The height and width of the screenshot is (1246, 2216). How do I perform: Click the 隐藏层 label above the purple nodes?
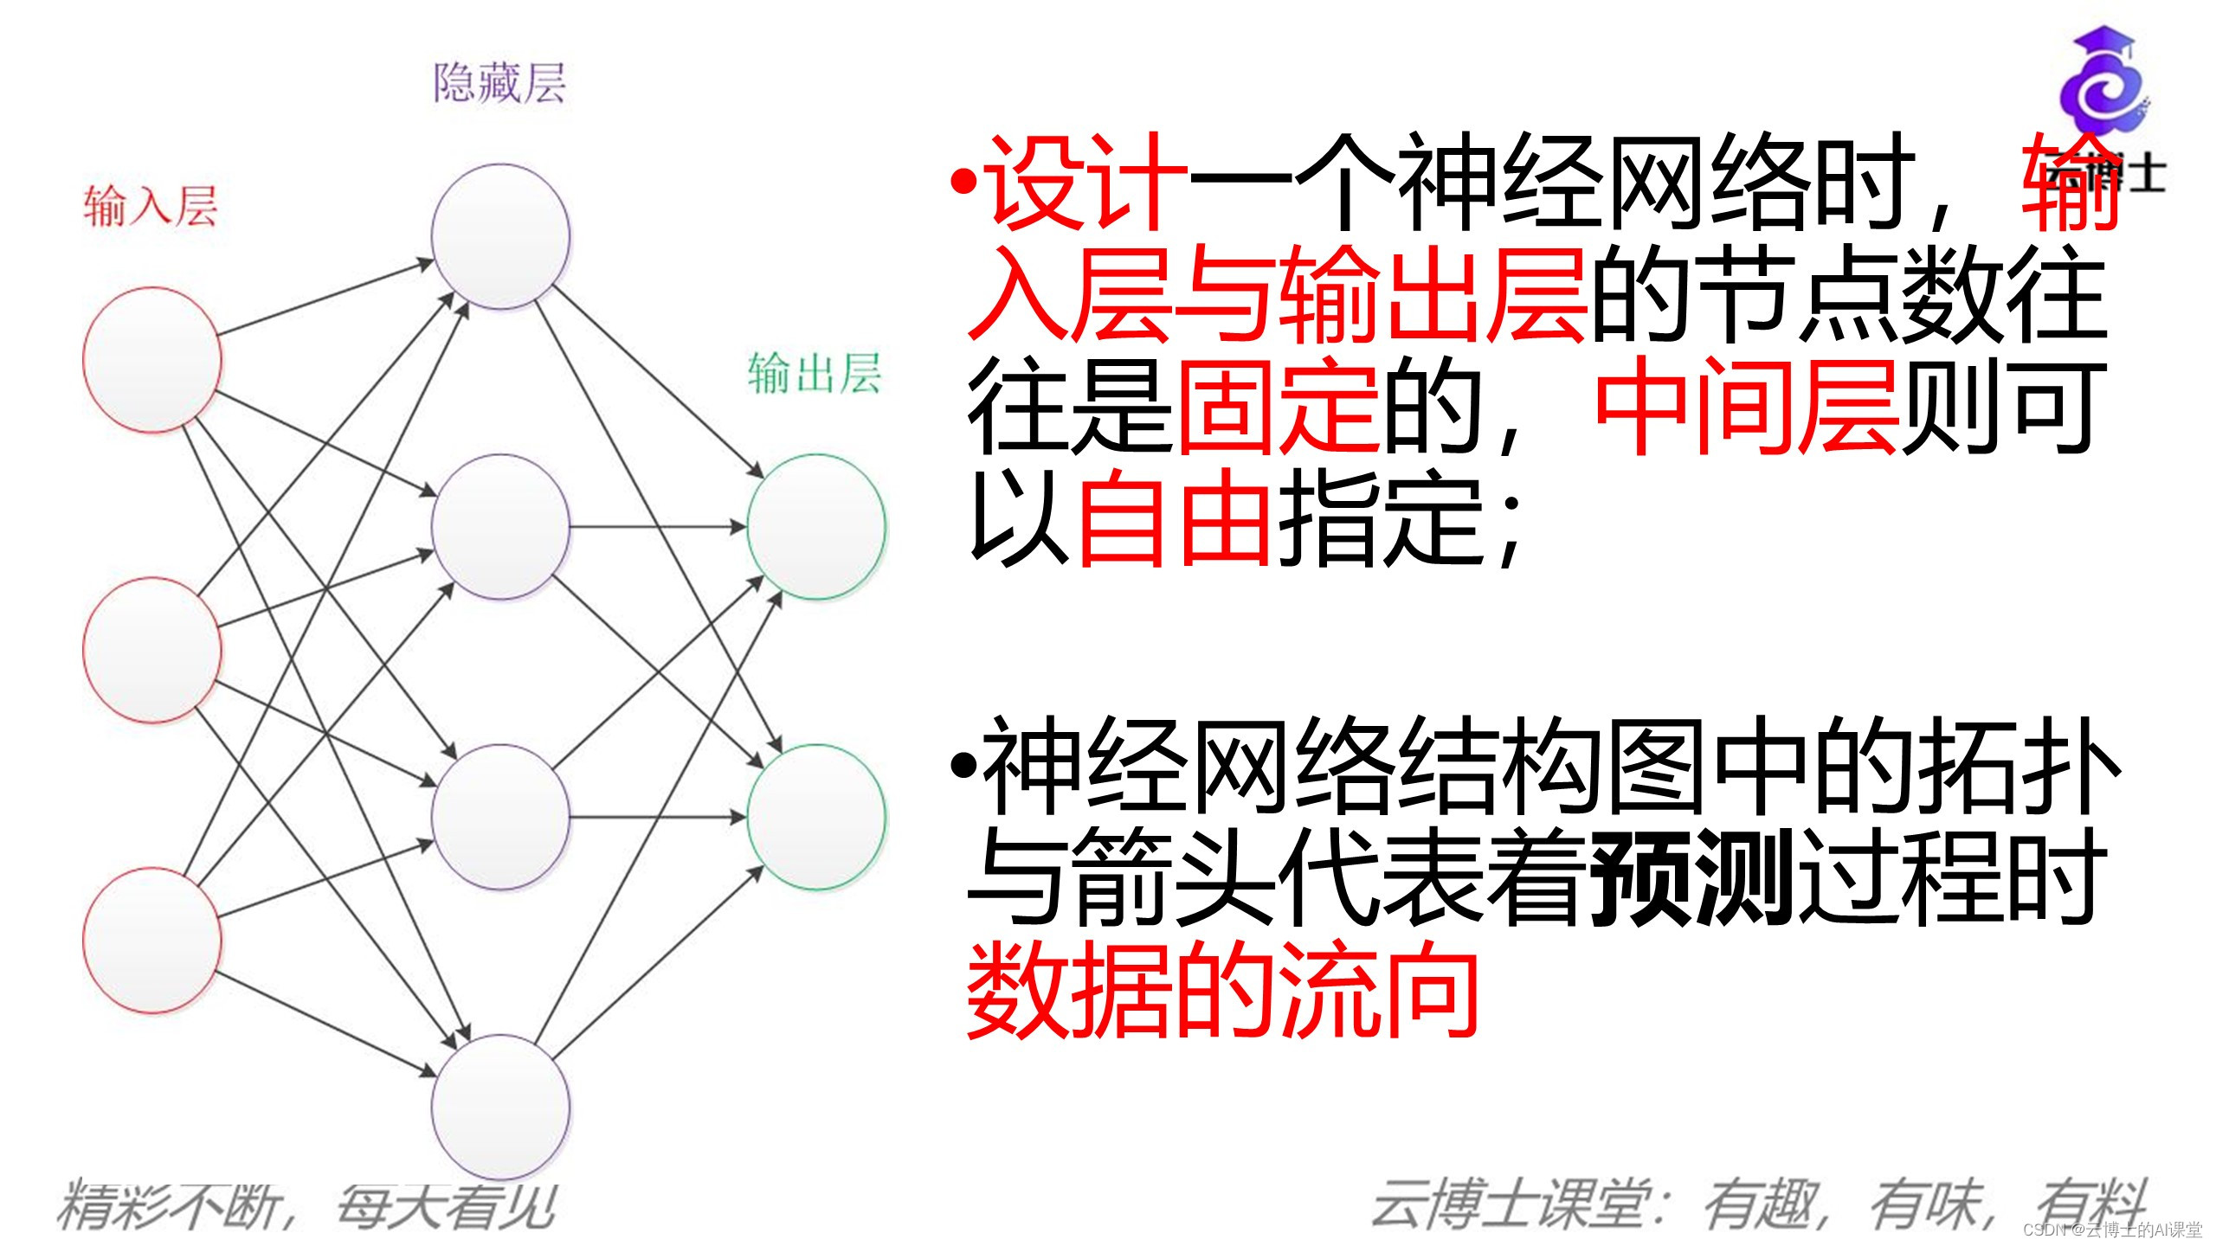499,84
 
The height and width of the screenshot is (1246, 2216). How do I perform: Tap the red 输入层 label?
150,207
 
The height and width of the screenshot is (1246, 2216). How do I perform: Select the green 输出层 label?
815,374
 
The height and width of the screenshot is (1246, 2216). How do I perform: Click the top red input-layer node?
152,359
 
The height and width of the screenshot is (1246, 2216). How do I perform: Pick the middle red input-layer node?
152,649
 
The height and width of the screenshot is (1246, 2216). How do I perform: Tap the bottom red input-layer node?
152,940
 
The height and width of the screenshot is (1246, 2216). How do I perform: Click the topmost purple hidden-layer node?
501,235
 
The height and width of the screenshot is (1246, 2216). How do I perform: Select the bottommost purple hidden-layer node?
501,1107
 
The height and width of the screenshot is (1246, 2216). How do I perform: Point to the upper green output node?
816,526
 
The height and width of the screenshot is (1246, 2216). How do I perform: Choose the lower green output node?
816,817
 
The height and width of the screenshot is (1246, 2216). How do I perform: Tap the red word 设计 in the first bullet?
1085,183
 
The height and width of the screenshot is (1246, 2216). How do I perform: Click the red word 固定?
1278,407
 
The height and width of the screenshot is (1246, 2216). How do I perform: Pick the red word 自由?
1174,517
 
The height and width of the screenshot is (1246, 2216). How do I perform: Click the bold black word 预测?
1691,877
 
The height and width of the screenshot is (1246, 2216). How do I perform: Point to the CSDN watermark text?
2111,1230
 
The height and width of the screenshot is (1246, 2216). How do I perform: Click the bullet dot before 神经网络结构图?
962,765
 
